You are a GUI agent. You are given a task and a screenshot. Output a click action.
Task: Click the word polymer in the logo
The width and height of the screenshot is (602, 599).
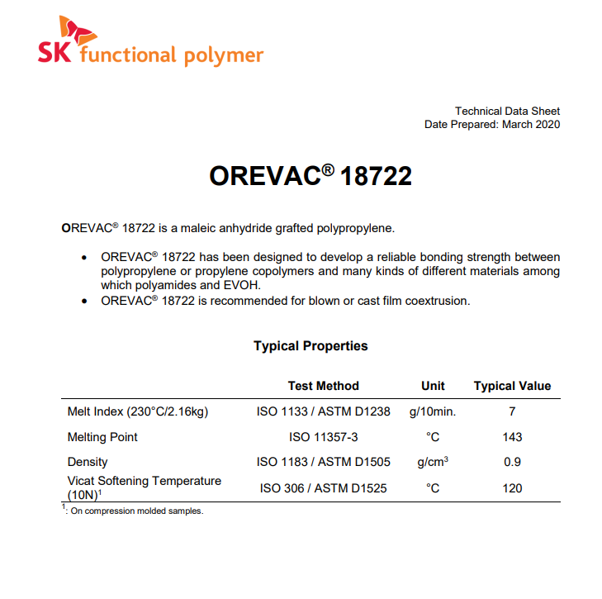click(x=224, y=55)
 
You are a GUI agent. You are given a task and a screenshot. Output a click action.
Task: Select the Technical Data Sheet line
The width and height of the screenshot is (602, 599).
click(x=507, y=111)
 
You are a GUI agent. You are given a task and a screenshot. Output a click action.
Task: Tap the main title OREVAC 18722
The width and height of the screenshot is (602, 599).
click(x=310, y=176)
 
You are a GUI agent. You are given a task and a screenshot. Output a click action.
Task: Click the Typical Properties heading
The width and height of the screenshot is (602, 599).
click(x=310, y=346)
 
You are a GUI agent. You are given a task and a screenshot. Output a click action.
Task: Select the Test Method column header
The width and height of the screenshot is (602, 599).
click(x=323, y=386)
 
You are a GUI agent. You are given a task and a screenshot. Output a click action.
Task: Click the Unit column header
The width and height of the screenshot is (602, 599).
click(x=433, y=386)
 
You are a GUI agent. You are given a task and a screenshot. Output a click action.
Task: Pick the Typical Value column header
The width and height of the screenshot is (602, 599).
click(x=512, y=386)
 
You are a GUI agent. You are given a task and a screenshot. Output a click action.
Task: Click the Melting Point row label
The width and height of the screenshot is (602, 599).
click(x=102, y=437)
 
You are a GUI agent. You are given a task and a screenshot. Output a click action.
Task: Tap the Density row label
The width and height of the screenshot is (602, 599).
click(x=88, y=463)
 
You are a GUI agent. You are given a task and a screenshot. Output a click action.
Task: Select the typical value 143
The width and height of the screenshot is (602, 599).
click(x=512, y=437)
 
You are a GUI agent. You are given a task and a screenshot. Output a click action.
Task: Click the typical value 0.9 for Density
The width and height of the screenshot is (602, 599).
click(x=512, y=463)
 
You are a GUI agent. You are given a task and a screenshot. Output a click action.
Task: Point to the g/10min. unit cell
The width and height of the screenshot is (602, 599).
click(x=433, y=411)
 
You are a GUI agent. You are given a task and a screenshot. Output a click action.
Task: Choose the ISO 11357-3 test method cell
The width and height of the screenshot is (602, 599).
click(x=323, y=437)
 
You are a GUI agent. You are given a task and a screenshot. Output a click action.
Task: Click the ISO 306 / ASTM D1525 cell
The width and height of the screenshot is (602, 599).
click(x=323, y=488)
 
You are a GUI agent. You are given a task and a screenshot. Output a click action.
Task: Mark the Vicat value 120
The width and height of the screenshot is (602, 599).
click(x=512, y=488)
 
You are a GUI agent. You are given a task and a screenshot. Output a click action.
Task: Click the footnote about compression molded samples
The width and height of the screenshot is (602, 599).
click(x=135, y=511)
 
